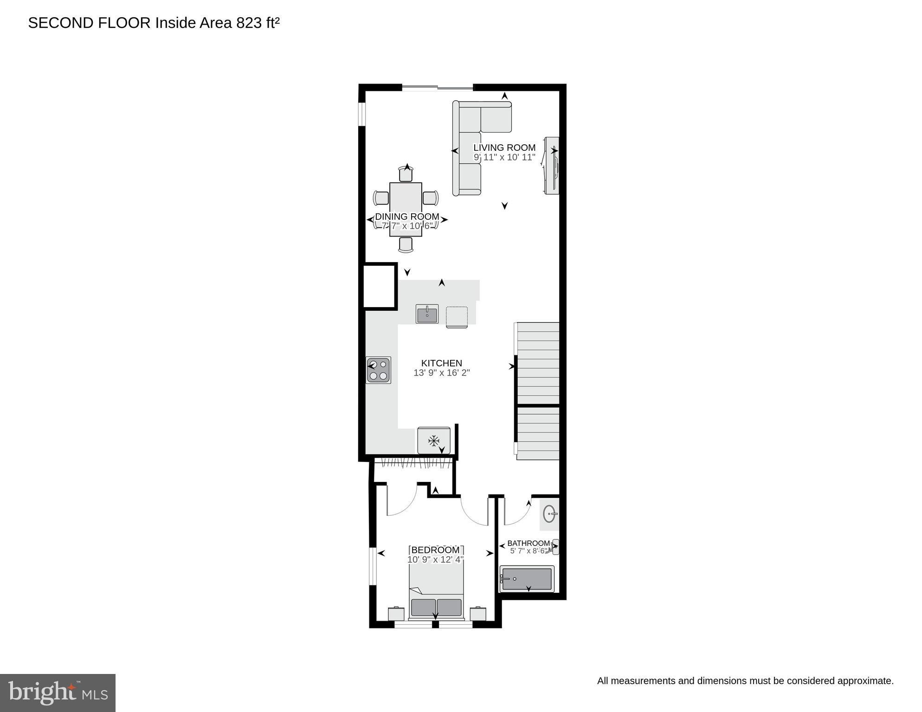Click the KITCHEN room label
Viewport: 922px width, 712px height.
point(441,363)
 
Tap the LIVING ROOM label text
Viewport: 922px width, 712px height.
point(504,148)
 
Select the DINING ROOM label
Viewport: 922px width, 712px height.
point(407,217)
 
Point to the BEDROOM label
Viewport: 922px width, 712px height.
point(435,550)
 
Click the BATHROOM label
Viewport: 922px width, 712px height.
point(528,543)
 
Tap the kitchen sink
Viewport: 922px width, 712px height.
point(427,314)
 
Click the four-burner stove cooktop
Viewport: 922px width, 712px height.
point(378,370)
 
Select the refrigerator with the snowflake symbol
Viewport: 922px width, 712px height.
point(434,440)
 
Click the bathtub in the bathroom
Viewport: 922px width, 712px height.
point(527,579)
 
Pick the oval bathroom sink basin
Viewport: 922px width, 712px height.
point(550,514)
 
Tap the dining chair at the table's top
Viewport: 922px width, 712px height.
point(406,174)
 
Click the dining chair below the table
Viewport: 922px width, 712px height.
point(406,244)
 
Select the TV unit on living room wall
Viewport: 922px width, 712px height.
point(552,166)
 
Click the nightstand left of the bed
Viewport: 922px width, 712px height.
point(396,614)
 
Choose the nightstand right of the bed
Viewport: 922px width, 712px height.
point(478,614)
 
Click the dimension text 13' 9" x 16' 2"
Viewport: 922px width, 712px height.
point(441,373)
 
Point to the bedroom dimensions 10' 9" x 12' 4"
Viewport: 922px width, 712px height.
point(435,560)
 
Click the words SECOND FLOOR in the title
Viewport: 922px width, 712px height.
point(90,23)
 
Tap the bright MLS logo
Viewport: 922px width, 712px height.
point(58,693)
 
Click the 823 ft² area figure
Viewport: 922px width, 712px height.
point(258,23)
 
